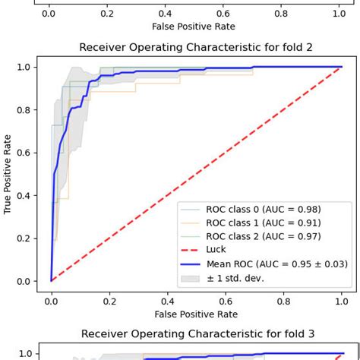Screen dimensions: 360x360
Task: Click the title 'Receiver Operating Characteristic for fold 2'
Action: pos(196,48)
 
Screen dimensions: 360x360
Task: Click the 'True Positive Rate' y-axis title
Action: pos(8,174)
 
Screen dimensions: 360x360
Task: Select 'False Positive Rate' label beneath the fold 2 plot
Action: pos(196,314)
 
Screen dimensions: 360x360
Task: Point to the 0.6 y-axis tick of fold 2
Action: pos(24,153)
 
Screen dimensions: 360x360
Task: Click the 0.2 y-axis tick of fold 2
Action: pos(24,238)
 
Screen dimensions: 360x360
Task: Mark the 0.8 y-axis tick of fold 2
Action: pos(24,110)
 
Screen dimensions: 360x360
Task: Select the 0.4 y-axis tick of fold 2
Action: pos(24,196)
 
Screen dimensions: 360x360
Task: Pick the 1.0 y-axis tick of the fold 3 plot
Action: pos(24,354)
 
